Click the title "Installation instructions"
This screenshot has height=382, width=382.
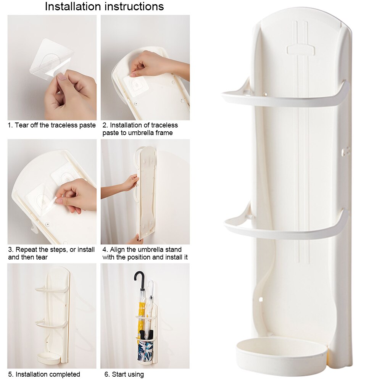point(104,6)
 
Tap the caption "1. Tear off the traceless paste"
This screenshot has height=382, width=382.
point(52,125)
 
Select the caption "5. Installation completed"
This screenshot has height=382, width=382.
point(44,374)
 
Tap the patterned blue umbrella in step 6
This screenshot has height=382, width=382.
point(145,349)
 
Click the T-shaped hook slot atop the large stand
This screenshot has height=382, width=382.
point(301,50)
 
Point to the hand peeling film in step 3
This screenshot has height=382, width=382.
point(76,195)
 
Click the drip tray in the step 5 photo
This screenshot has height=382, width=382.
point(48,358)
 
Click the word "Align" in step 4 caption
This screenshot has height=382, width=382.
point(118,250)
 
